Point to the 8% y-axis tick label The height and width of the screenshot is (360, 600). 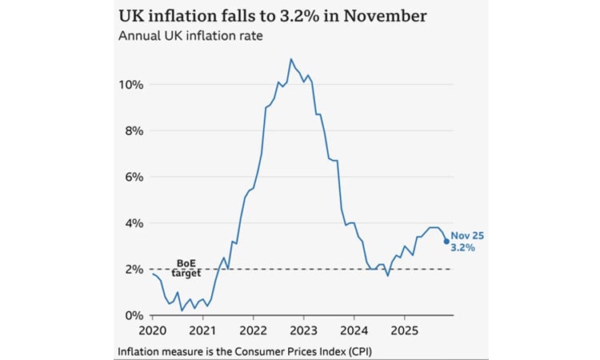pyautogui.click(x=134, y=130)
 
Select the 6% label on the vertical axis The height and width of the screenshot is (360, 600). pyautogui.click(x=134, y=177)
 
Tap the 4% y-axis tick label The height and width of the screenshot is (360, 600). pyautogui.click(x=134, y=223)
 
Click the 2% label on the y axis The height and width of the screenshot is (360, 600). pyautogui.click(x=134, y=270)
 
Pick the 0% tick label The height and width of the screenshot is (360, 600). pyautogui.click(x=134, y=316)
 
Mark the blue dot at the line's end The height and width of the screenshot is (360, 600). pyautogui.click(x=446, y=241)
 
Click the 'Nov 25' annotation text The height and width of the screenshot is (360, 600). pyautogui.click(x=467, y=235)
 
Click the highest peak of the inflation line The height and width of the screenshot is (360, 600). pyautogui.click(x=290, y=58)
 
